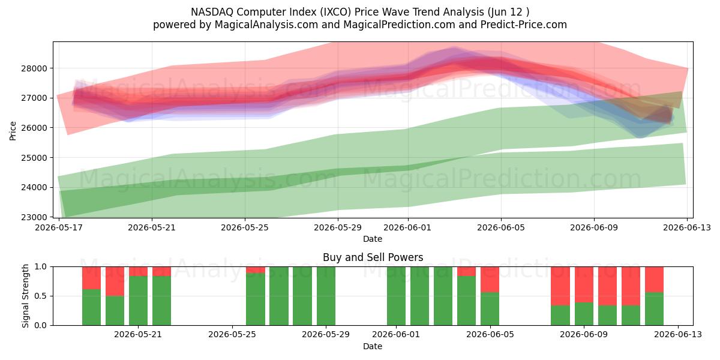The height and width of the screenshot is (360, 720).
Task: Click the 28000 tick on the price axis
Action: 34,68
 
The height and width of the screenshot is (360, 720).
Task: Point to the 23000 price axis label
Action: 34,217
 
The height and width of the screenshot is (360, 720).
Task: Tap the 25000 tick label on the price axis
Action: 34,158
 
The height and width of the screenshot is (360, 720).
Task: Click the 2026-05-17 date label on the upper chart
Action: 59,227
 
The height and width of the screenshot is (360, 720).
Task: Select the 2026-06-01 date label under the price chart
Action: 407,227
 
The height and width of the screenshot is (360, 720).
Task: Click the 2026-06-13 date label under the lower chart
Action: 678,335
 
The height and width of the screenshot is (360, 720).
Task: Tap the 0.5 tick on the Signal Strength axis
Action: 41,296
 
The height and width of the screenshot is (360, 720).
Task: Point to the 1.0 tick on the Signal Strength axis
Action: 41,267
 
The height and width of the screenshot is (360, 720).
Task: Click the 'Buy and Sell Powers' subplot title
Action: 373,257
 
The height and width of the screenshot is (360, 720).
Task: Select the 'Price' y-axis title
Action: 13,131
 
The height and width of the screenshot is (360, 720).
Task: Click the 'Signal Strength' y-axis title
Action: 25,296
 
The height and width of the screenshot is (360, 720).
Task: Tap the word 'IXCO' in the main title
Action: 337,12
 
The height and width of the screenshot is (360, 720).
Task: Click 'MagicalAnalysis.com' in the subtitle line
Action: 266,25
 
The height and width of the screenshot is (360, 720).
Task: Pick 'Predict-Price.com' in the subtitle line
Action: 524,25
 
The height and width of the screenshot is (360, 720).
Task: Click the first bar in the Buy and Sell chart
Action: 91,296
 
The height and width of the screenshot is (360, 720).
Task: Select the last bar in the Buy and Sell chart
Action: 654,296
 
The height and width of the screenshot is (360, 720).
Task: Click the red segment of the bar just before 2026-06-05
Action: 490,280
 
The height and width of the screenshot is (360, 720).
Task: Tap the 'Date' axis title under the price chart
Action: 373,239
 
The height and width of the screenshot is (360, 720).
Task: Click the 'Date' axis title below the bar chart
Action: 373,346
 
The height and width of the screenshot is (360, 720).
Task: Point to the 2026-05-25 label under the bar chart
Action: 232,335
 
